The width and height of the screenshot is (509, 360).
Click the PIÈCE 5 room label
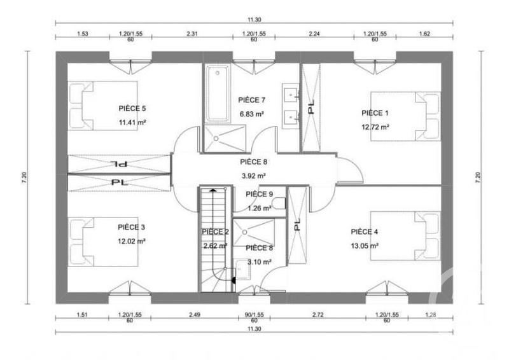pos(132,108)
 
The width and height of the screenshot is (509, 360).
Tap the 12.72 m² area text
pos(375,127)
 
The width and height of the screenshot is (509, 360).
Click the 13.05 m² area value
pos(365,246)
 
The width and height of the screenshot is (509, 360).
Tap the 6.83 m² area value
pos(251,114)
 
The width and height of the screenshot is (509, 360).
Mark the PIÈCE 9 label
pos(259,194)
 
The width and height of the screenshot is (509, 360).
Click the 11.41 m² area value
pos(132,123)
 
